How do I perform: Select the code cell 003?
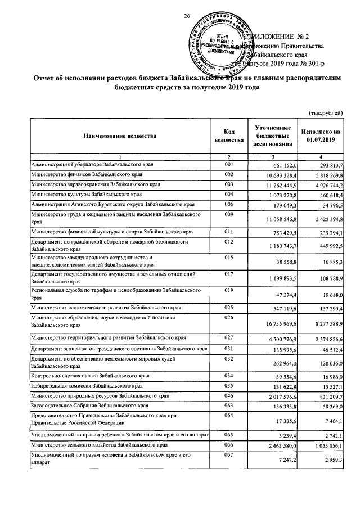[x=228, y=184]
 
